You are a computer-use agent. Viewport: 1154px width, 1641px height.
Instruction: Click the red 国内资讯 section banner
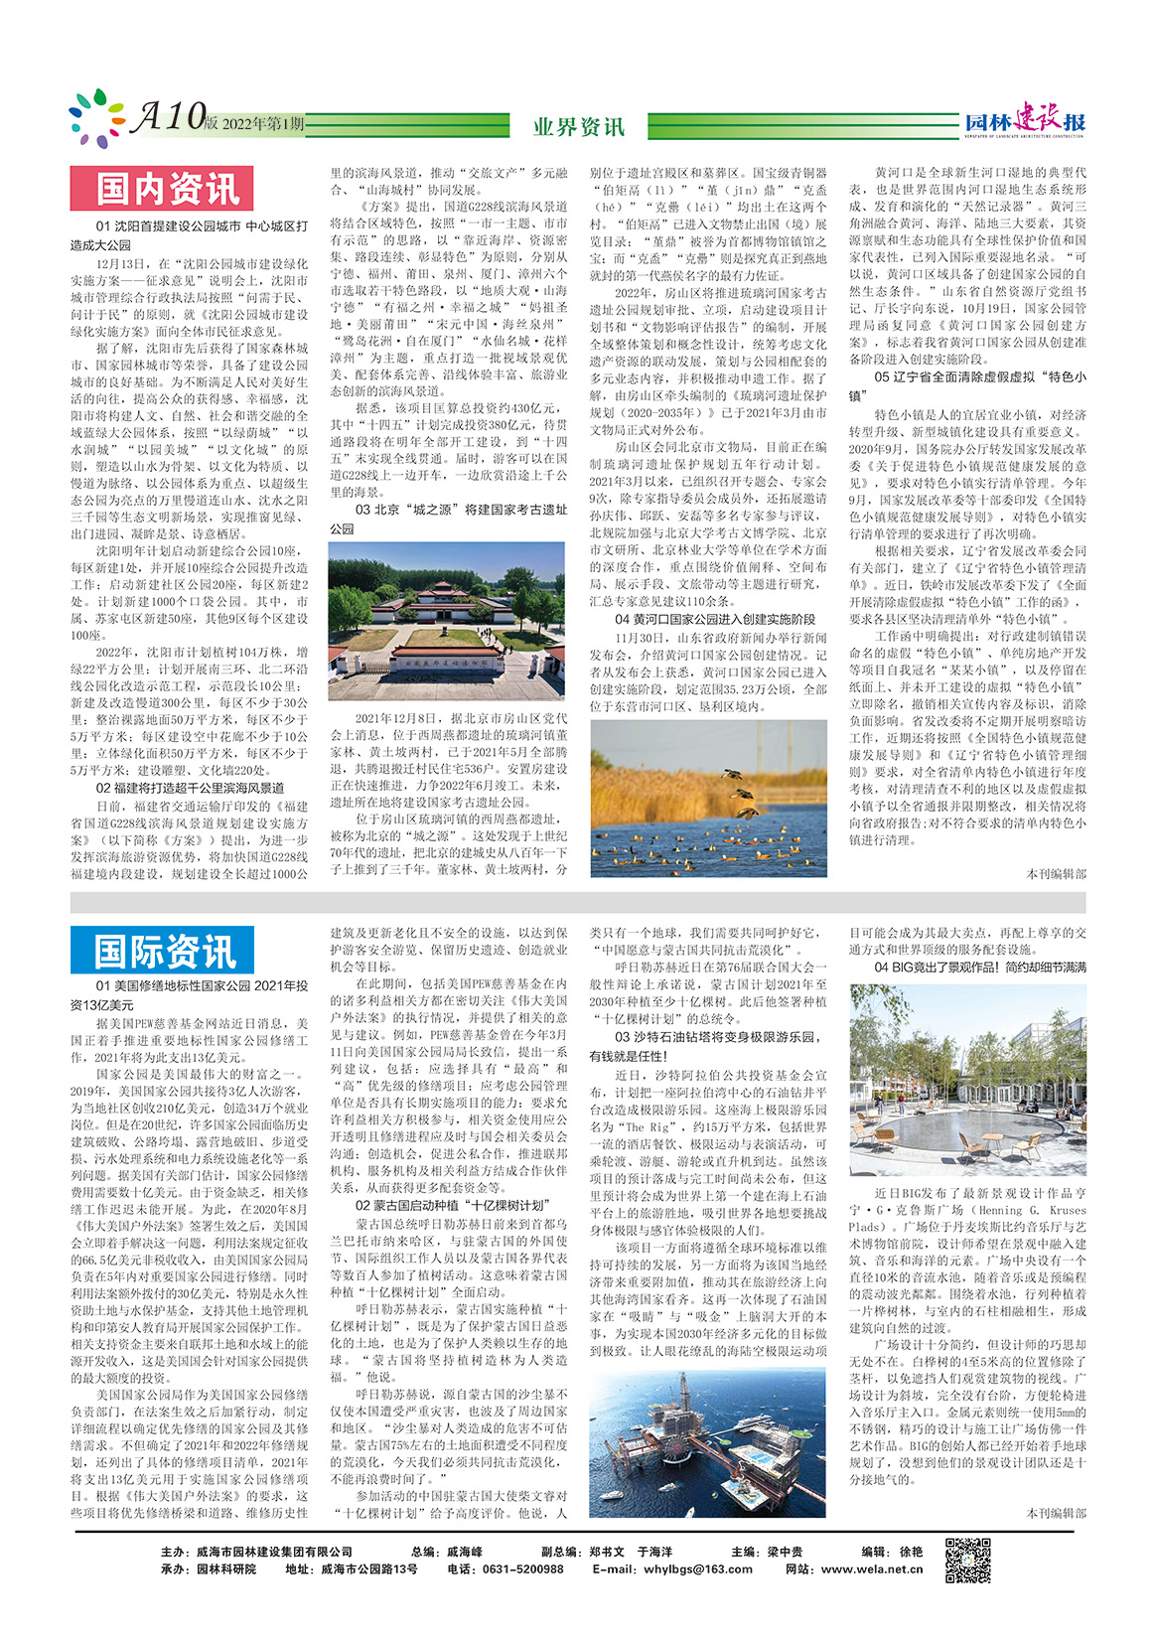162,189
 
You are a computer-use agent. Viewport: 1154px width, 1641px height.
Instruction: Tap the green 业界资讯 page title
579,126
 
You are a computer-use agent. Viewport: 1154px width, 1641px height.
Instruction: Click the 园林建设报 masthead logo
1025,121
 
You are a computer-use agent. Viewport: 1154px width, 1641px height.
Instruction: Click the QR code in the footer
966,1561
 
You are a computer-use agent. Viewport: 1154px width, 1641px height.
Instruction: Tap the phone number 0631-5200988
519,1569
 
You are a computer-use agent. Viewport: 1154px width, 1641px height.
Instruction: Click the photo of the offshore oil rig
707,1442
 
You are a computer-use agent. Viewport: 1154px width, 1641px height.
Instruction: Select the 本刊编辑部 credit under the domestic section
1056,874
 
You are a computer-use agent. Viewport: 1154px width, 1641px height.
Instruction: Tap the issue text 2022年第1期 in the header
263,124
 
